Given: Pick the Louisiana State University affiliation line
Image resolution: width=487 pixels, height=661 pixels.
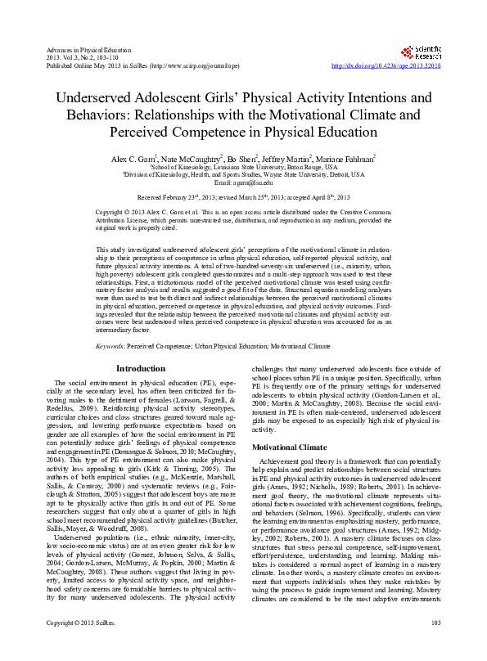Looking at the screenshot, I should coord(243,166).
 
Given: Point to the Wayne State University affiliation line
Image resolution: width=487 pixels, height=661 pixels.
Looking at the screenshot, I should coord(243,174).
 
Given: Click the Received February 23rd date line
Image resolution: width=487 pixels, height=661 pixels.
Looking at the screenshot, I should coord(243,198).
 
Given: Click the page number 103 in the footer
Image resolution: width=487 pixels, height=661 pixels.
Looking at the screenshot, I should coord(435,647).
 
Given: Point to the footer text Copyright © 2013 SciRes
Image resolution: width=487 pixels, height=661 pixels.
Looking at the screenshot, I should coord(80,647).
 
